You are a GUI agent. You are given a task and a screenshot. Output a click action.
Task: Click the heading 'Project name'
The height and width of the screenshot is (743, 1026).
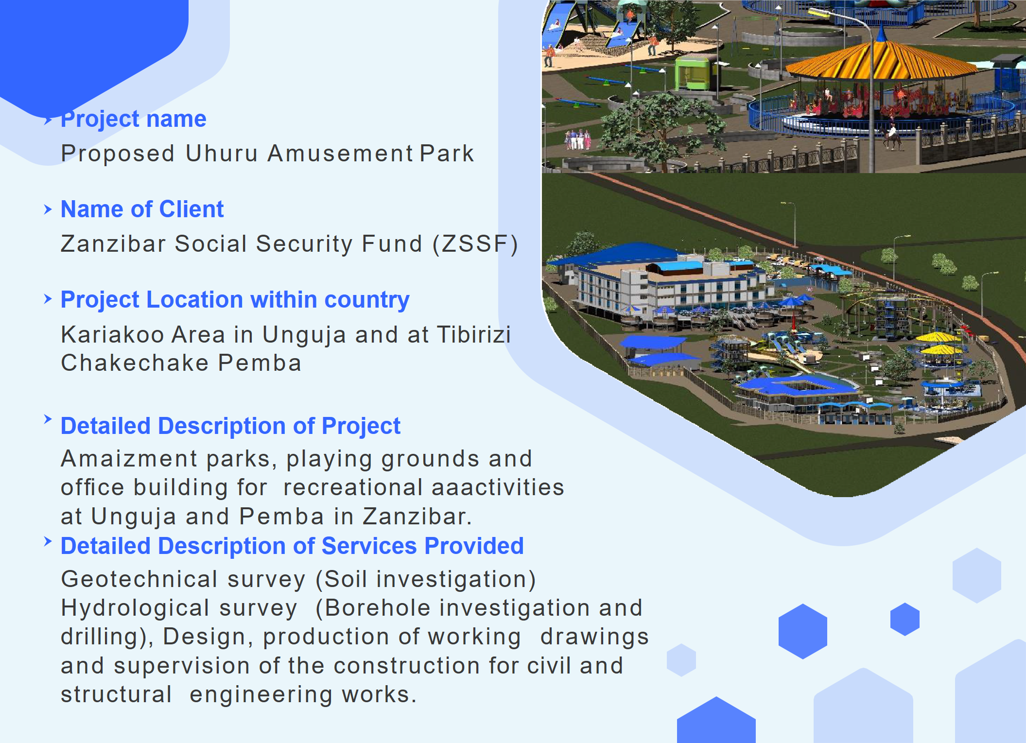(x=134, y=120)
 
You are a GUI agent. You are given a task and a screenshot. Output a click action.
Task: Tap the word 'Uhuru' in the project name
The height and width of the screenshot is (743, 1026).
(x=222, y=154)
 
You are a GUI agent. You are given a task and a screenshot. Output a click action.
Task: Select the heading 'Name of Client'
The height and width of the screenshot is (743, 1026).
(x=142, y=209)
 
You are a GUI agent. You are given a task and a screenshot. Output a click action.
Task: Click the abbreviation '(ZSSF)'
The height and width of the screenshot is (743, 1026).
(x=475, y=244)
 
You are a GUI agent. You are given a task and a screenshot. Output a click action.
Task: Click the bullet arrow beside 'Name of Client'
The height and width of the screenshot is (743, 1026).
(x=48, y=209)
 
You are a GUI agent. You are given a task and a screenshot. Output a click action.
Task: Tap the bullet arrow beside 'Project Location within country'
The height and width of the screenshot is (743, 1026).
(x=48, y=299)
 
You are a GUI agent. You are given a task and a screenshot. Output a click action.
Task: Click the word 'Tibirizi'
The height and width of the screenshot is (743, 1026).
(x=474, y=334)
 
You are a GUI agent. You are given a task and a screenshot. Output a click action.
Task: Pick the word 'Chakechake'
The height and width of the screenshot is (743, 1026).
(x=135, y=363)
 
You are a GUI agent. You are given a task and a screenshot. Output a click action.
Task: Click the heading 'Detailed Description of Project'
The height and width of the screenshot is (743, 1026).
(x=230, y=426)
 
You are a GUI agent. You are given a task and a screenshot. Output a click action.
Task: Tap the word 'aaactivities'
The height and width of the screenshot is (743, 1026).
(x=498, y=487)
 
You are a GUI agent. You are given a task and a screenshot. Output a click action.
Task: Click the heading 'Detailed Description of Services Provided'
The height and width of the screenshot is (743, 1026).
(x=292, y=546)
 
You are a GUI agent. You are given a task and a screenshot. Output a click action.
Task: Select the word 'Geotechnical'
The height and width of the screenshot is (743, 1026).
(x=139, y=579)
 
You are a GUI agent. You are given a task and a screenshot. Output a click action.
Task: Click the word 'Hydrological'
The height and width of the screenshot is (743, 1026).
(x=135, y=608)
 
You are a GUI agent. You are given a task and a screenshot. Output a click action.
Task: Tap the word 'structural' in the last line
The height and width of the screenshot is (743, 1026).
(x=116, y=694)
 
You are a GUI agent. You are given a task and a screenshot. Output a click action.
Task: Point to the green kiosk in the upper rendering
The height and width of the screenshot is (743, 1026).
(x=693, y=73)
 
